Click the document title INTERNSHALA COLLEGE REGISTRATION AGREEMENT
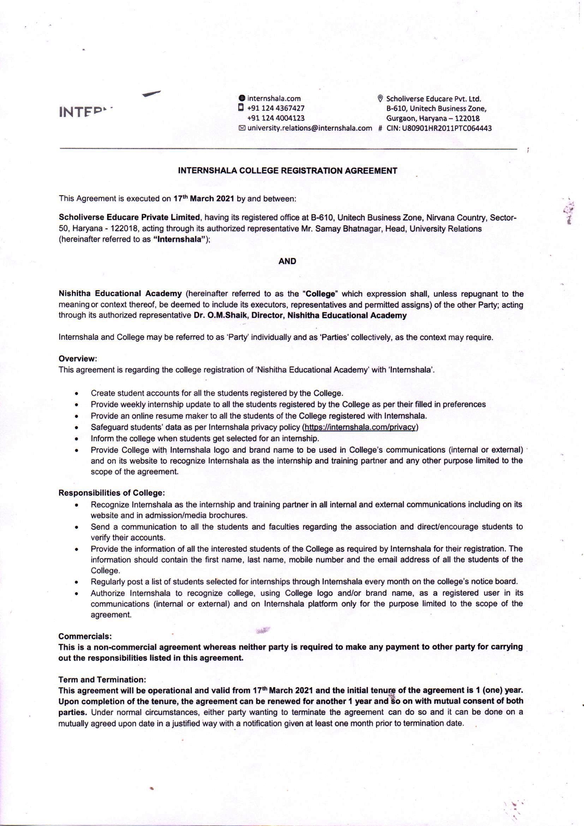pyautogui.click(x=287, y=171)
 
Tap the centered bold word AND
pyautogui.click(x=287, y=261)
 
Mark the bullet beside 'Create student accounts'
pyautogui.click(x=77, y=394)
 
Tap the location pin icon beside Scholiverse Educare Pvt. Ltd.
pyautogui.click(x=380, y=99)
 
